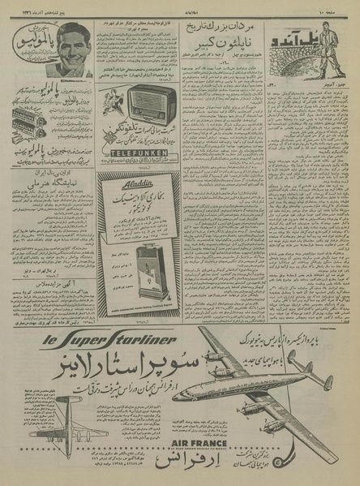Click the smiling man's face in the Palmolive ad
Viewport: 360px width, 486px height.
71,46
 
